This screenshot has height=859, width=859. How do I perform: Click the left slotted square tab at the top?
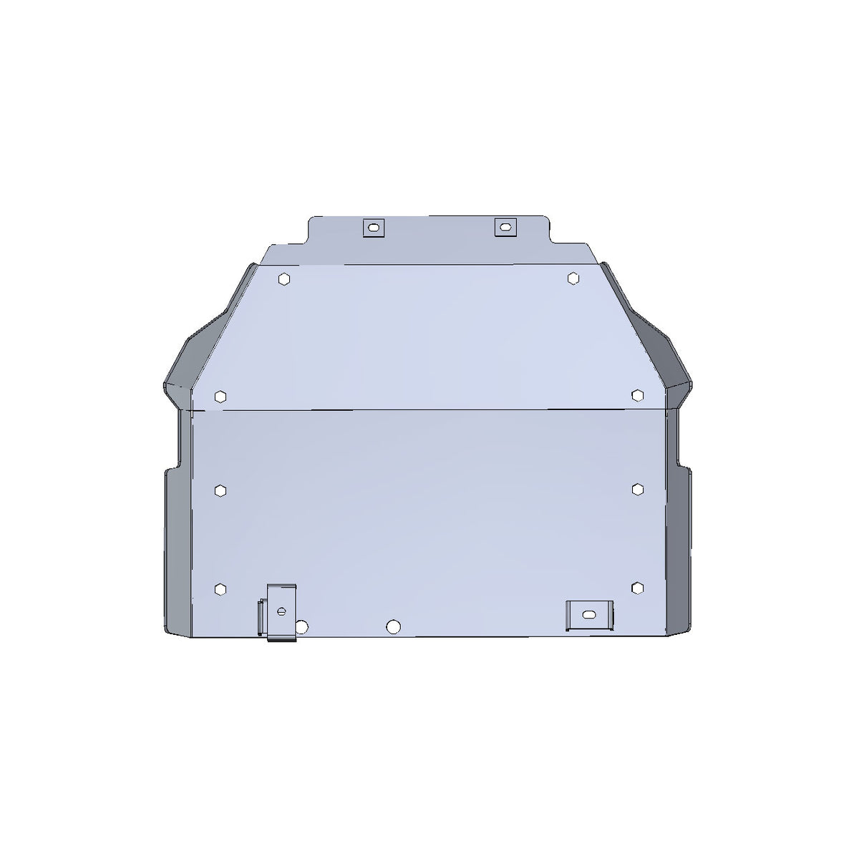[373, 228]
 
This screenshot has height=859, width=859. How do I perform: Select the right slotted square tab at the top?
[505, 227]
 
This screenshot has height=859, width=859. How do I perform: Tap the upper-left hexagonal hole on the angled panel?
[285, 278]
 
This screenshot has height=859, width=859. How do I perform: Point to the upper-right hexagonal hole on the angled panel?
[573, 278]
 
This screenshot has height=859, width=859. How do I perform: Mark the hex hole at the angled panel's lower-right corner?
[638, 394]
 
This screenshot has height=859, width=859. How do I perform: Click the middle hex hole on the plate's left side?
[220, 490]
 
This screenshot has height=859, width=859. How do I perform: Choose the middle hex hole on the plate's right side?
[638, 488]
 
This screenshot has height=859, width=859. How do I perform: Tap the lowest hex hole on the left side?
[220, 588]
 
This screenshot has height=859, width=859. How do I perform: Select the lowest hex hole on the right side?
[637, 587]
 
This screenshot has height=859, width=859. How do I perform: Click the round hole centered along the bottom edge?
[392, 626]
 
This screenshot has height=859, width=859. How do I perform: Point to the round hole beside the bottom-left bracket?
[302, 626]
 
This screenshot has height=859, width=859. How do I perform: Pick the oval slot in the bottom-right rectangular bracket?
[588, 615]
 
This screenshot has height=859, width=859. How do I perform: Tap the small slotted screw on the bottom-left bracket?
[281, 611]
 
